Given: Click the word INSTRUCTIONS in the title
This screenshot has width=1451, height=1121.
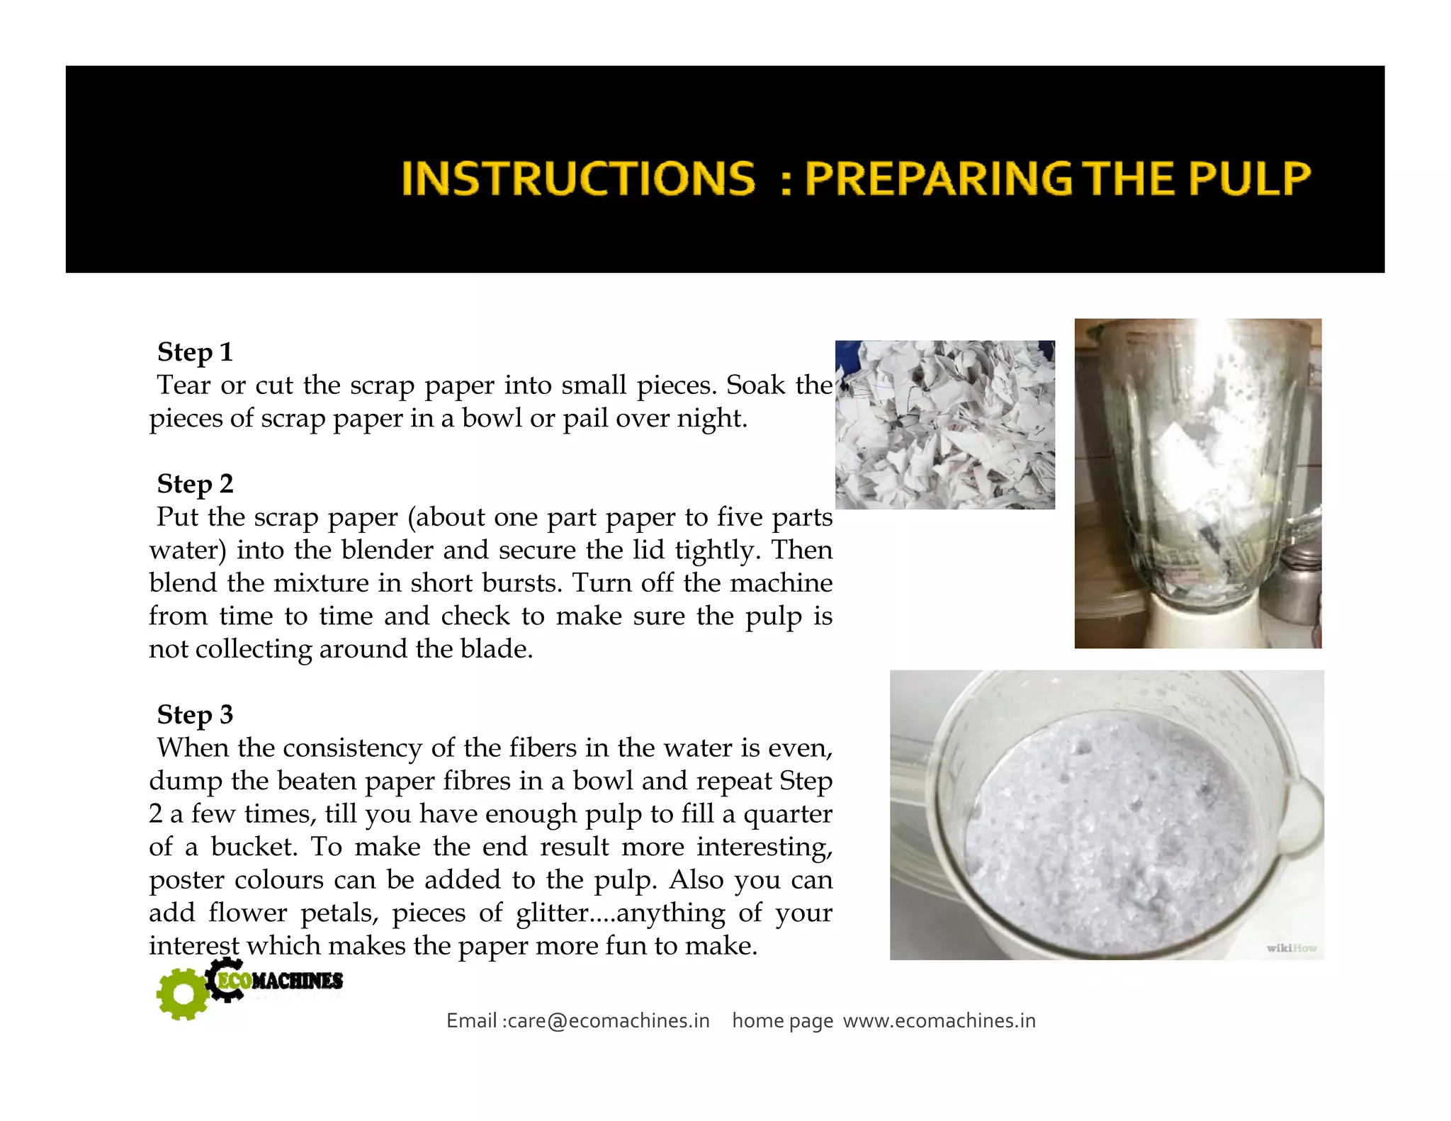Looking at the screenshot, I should coord(577,178).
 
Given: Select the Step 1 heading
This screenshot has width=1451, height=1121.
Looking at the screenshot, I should coord(195,352).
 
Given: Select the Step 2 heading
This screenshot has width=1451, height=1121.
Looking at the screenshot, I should coord(195,484).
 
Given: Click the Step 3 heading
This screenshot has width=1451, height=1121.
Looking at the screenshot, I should coord(195,715).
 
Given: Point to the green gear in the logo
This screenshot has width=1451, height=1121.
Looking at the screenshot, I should coord(183,994).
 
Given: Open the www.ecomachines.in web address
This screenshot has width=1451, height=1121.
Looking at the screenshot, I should coord(939,1021).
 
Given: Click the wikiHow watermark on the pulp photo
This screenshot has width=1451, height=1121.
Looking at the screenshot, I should coord(1291,948).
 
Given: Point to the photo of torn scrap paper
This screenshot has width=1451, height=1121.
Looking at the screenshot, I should coord(944,424).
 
